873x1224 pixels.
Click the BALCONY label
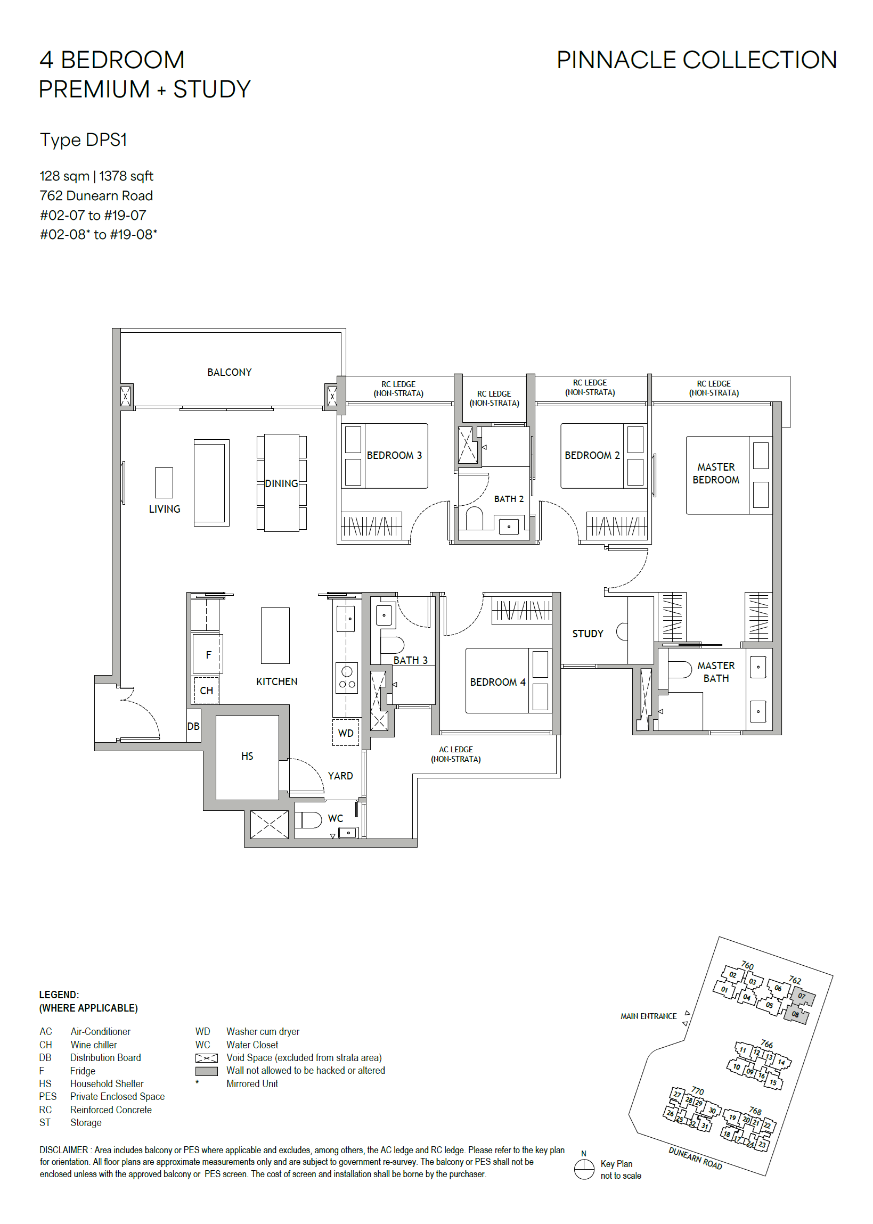pos(230,372)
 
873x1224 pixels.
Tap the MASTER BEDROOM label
pos(715,473)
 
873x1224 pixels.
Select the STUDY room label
pos(588,634)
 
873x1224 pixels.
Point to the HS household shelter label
pos(247,756)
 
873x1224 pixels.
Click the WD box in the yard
pos(346,733)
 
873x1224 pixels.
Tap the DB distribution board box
pos(193,726)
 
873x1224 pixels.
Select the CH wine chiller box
pos(207,691)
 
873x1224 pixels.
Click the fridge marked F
pos(208,654)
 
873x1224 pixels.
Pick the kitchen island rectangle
pos(275,636)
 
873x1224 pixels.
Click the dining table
pos(282,482)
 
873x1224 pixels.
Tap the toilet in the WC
pos(308,820)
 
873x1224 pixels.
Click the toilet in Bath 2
pos(474,519)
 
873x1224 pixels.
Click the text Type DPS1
pos(83,139)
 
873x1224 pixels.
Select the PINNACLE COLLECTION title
pos(697,60)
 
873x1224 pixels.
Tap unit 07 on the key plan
pos(802,996)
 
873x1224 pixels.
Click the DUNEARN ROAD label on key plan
pos(695,1158)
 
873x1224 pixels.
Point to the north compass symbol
pos(584,1169)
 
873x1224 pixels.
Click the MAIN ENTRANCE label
pos(648,1016)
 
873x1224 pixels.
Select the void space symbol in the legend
pos(207,1058)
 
